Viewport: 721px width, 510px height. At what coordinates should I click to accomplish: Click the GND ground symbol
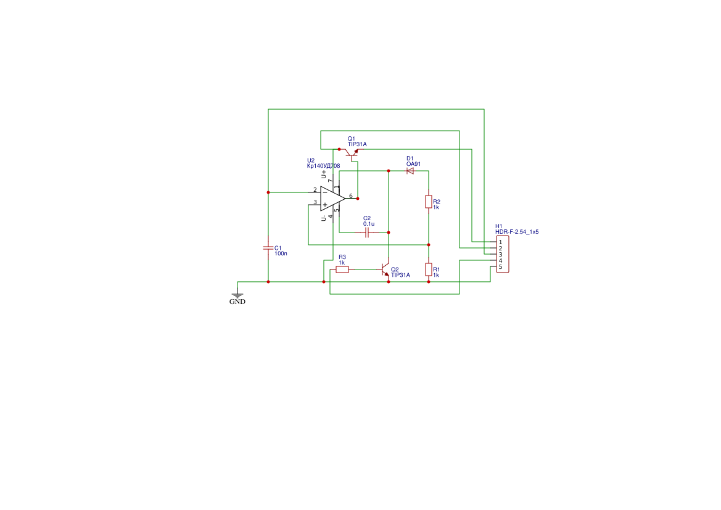[x=237, y=295]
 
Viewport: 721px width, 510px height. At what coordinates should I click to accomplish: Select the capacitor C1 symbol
[x=268, y=247]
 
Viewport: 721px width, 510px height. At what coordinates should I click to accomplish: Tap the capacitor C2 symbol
[x=367, y=232]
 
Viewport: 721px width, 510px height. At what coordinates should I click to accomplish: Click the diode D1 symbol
[x=410, y=171]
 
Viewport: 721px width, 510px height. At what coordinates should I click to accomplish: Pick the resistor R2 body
[x=429, y=202]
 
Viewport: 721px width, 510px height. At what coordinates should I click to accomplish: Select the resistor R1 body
[x=429, y=269]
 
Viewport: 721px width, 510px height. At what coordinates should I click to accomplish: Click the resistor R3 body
[x=342, y=269]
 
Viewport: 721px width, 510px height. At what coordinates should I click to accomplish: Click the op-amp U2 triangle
[x=332, y=199]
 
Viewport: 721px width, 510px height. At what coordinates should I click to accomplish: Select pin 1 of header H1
[x=500, y=242]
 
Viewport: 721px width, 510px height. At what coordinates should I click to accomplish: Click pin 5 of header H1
[x=500, y=266]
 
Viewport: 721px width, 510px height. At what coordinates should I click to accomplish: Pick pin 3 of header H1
[x=500, y=254]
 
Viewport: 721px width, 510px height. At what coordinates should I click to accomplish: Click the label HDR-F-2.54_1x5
[x=517, y=232]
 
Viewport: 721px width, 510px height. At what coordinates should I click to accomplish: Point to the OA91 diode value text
[x=413, y=164]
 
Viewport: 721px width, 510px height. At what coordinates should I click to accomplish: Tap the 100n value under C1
[x=281, y=253]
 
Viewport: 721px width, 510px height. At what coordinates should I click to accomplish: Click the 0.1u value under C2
[x=369, y=224]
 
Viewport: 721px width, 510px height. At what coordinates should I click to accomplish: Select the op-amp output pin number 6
[x=350, y=195]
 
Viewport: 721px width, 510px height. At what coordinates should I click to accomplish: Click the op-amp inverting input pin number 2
[x=315, y=189]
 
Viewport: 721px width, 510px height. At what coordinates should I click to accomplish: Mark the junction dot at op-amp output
[x=358, y=199]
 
